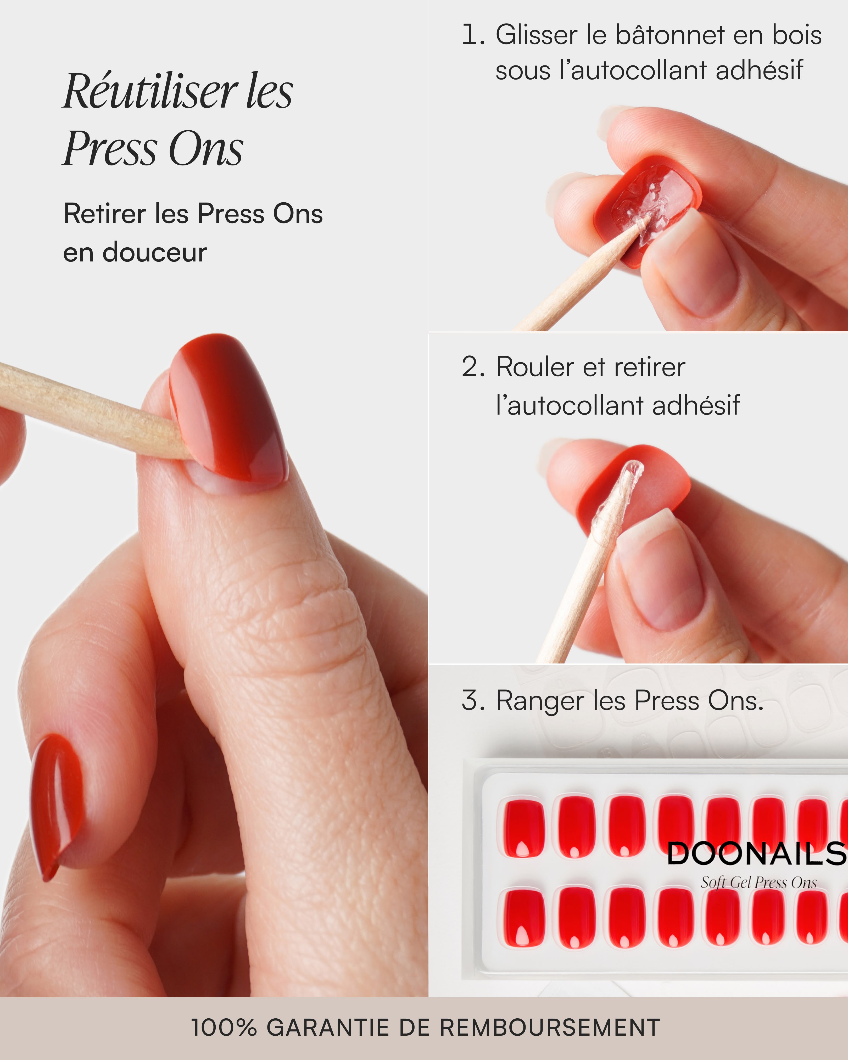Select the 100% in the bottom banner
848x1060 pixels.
tap(224, 1028)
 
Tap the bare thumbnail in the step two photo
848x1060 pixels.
tap(664, 573)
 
